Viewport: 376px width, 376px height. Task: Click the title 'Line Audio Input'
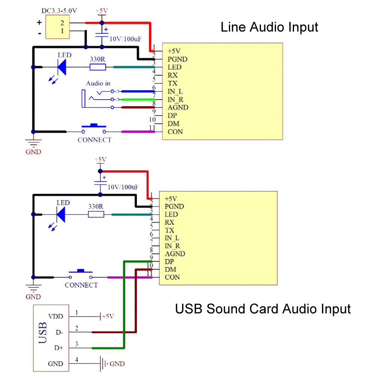click(269, 27)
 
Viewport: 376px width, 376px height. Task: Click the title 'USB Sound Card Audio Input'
click(262, 309)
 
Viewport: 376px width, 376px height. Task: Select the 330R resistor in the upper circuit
click(98, 67)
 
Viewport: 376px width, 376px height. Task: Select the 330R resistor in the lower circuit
click(96, 214)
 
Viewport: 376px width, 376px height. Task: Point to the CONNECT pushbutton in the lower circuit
click(80, 273)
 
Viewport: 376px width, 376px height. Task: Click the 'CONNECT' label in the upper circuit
click(94, 140)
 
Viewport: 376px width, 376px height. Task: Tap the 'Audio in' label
click(98, 83)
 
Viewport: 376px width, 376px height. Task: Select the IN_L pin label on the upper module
click(175, 91)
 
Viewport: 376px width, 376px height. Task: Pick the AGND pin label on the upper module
click(178, 108)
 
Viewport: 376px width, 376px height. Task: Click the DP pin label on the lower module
click(170, 261)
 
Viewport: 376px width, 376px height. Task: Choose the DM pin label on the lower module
click(170, 269)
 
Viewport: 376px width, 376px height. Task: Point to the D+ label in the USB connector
click(58, 348)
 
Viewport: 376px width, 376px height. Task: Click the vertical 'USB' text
click(43, 333)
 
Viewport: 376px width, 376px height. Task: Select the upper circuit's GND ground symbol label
click(33, 152)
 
